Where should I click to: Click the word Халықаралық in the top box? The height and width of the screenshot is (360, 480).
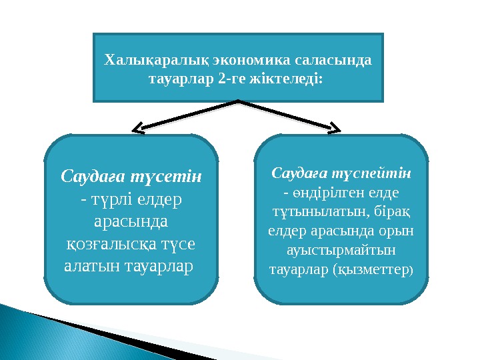pos(143,61)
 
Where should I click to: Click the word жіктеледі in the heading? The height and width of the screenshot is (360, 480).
pos(287,80)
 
